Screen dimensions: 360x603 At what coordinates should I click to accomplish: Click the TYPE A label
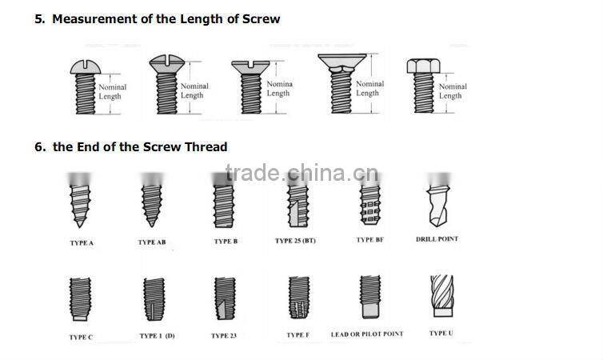81,242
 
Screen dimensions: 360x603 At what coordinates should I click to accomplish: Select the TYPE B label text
226,241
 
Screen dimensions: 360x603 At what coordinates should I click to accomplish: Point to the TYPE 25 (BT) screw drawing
296,203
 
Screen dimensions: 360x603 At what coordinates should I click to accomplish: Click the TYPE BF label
369,240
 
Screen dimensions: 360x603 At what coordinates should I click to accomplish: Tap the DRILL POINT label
437,238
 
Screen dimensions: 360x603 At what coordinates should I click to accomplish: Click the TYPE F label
298,335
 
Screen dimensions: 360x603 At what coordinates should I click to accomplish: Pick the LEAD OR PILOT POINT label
367,334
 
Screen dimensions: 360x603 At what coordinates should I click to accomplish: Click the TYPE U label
441,334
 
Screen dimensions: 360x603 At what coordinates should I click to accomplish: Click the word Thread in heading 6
207,146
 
